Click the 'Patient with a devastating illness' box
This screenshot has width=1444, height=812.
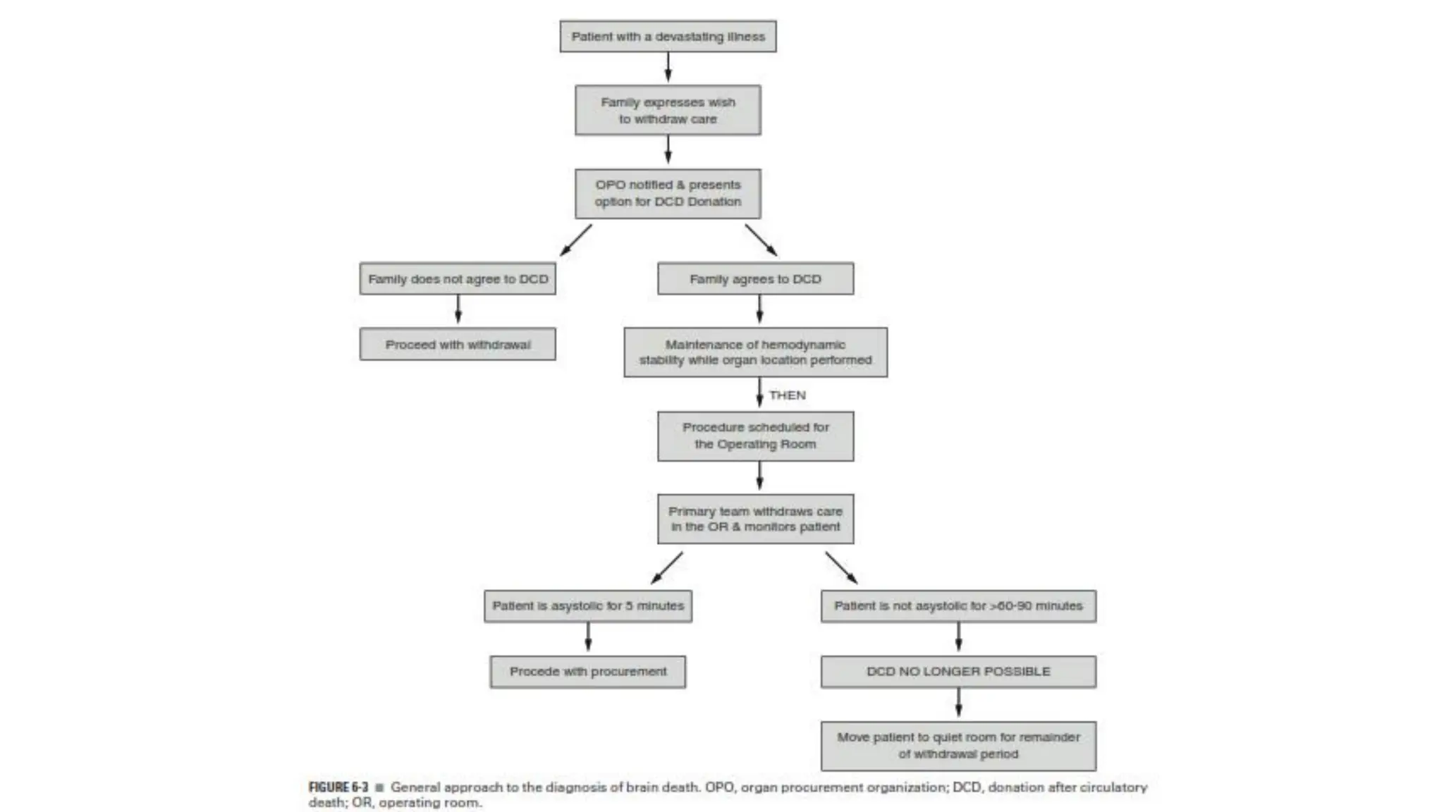pos(668,37)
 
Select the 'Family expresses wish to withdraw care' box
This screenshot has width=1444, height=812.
pos(668,111)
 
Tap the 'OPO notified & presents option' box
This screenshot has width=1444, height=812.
pos(668,193)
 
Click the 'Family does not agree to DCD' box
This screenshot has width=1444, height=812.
pos(458,279)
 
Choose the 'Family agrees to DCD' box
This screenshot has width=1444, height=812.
pos(755,279)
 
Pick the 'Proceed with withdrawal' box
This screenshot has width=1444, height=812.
pos(458,345)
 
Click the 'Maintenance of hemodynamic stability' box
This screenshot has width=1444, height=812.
pos(755,352)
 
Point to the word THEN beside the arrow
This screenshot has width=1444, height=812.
pos(787,395)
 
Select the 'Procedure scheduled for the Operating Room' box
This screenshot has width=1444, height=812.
pos(755,436)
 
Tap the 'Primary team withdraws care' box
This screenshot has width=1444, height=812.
pos(755,519)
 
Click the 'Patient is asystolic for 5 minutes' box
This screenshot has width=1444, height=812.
pos(588,606)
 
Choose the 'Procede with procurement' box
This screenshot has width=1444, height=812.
pos(588,672)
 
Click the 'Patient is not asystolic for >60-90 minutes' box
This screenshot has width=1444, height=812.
pos(958,606)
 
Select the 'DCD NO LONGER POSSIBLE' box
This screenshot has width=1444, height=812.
pos(958,672)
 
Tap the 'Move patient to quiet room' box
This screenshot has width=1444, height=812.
pos(958,746)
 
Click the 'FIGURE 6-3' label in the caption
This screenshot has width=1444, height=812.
pos(338,787)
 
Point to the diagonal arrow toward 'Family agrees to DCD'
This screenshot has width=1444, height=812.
pos(761,240)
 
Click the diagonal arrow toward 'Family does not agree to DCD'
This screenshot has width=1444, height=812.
pos(576,240)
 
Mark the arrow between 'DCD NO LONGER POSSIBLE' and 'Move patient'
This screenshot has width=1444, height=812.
pos(958,703)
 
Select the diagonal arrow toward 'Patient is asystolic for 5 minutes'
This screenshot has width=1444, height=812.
pos(666,568)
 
